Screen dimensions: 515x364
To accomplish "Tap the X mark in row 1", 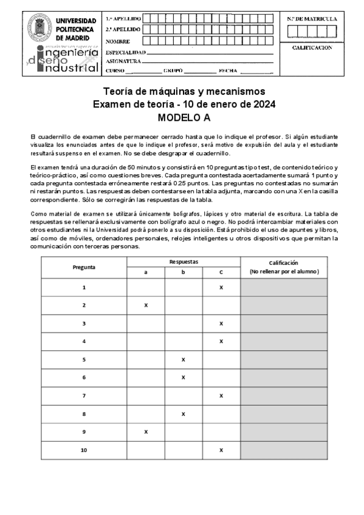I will [x=221, y=287].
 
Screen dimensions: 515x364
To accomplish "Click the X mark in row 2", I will [x=146, y=305].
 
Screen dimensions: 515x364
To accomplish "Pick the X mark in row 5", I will [x=184, y=360].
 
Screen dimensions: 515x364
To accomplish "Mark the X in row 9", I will [x=146, y=432].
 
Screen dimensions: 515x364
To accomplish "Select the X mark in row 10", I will [x=221, y=450].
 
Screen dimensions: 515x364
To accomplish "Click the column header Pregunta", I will [x=84, y=267].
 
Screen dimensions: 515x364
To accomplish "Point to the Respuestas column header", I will [x=184, y=262].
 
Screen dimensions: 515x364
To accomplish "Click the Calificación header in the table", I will [x=283, y=262].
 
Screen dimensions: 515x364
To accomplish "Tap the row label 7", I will [x=84, y=396].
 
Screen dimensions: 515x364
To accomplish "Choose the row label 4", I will [x=84, y=341].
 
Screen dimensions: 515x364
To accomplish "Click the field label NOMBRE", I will [x=118, y=41].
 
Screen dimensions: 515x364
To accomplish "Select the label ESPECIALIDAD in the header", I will [x=126, y=52].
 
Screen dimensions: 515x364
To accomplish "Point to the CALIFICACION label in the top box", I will [x=312, y=47].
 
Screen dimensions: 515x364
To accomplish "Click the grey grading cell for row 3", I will [x=283, y=324].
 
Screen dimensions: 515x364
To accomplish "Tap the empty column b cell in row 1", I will [x=184, y=287].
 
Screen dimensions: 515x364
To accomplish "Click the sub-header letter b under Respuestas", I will [x=184, y=272].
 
